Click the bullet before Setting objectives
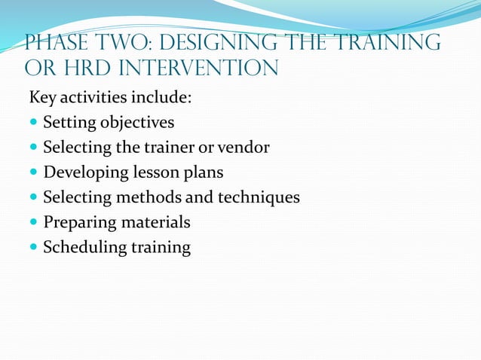pos(34,123)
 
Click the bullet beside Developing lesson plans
pos(34,172)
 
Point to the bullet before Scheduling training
pos(34,247)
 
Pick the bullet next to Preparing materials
pos(34,222)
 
